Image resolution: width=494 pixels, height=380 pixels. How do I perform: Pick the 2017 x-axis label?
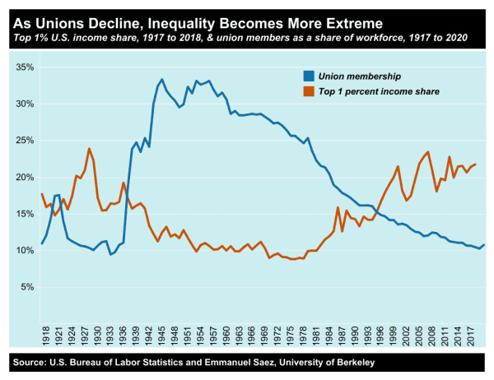468,335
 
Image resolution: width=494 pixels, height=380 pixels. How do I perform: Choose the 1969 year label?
263,335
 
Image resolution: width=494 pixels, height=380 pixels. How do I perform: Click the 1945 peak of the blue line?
161,80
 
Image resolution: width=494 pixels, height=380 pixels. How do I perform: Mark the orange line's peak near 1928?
89,149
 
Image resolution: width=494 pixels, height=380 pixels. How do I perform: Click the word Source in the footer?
30,363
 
